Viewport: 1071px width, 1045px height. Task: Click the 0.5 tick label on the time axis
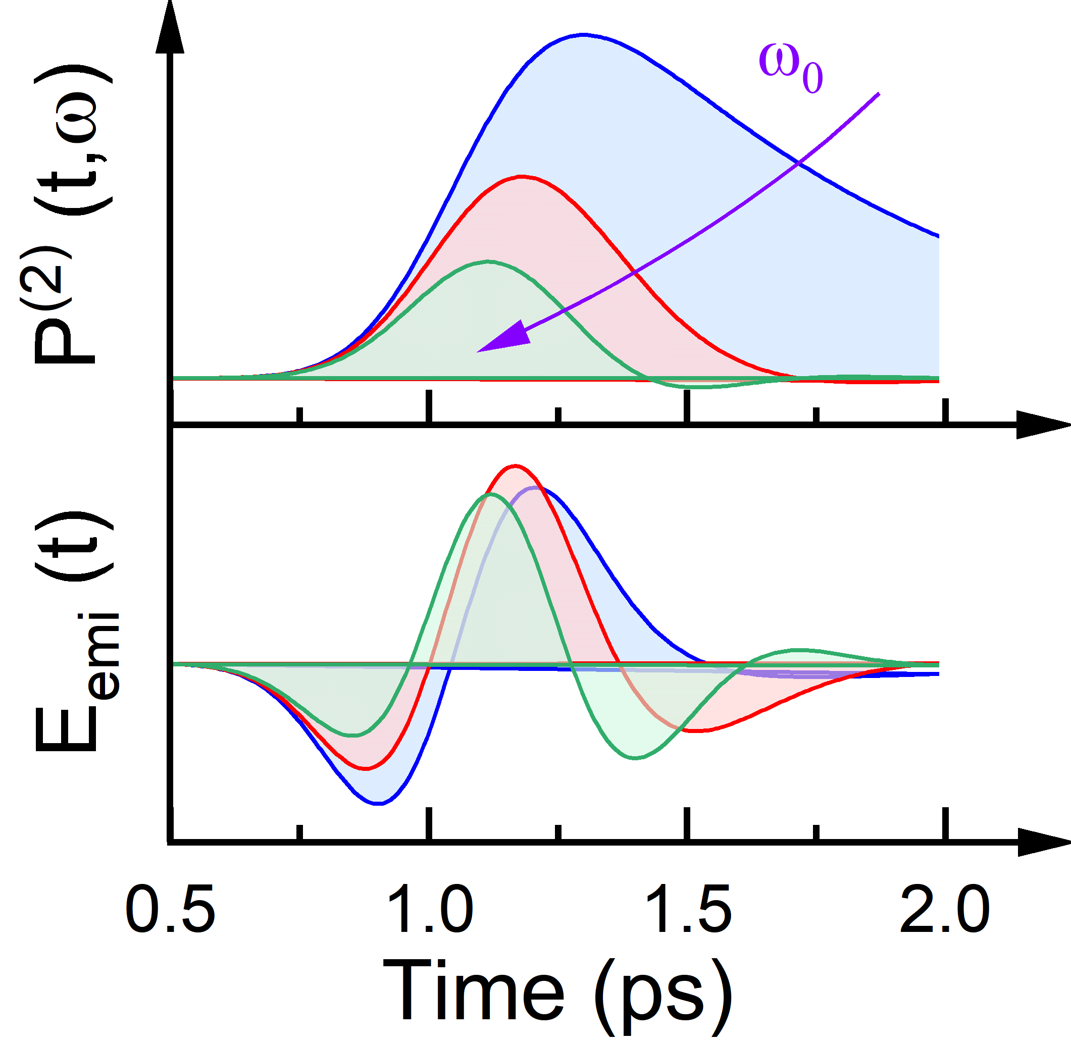(x=170, y=908)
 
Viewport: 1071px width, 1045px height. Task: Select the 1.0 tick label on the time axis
(x=430, y=908)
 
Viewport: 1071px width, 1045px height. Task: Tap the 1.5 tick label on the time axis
(x=688, y=908)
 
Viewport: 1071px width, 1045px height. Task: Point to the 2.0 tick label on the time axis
(x=945, y=908)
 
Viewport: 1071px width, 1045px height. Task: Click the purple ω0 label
(x=790, y=69)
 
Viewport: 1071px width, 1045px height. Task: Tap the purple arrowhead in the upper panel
(x=505, y=338)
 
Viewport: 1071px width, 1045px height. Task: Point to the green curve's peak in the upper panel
(x=487, y=262)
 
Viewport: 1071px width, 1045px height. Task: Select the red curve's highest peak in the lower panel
(x=515, y=466)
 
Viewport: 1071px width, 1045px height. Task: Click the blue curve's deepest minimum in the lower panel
(x=378, y=804)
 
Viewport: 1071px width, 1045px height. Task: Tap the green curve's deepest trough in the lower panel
(x=635, y=758)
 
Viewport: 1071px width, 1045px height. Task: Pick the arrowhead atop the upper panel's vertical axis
(x=170, y=27)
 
